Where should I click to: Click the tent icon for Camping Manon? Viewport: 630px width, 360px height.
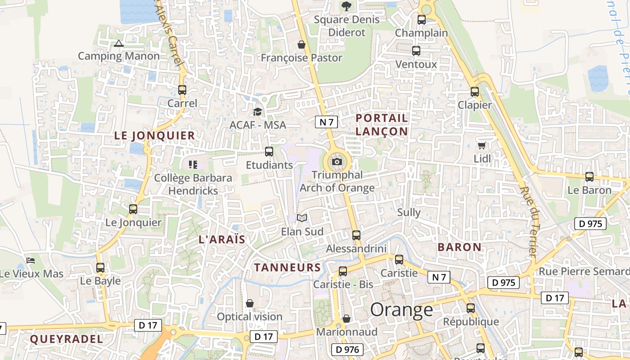pos(118,43)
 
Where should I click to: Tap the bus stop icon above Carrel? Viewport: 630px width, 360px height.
pos(182,90)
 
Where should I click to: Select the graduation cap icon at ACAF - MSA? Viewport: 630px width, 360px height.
pos(257,111)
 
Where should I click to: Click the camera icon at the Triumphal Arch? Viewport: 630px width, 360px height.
pos(337,162)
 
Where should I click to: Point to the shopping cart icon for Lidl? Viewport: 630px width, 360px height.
pos(482,145)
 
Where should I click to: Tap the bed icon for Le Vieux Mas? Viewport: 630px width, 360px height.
pos(31,260)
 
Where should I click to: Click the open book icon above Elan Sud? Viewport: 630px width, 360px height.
pos(302,218)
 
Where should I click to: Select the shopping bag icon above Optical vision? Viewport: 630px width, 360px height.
pos(250,303)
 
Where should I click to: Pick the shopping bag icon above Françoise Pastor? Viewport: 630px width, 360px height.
pos(301,45)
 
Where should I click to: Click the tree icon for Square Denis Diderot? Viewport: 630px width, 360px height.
pos(346,6)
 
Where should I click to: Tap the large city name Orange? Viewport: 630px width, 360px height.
pos(401,310)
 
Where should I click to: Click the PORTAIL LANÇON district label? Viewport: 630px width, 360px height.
pos(382,125)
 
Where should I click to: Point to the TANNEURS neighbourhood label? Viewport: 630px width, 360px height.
pos(288,268)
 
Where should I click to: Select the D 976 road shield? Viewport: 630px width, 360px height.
pos(347,349)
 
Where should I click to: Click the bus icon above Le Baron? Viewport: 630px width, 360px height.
pos(589,176)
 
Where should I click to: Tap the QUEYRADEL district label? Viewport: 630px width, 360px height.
pos(67,339)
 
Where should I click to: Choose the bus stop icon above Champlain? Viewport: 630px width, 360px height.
pos(422,19)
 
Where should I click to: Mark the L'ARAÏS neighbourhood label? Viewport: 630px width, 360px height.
pos(222,239)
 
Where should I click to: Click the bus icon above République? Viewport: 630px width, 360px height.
pos(471,308)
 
